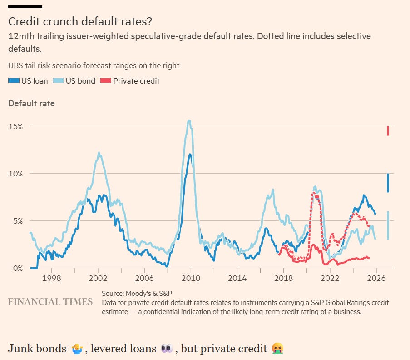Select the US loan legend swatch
click(14, 81)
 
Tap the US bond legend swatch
click(59, 81)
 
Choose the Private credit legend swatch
click(105, 81)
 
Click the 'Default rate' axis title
click(31, 104)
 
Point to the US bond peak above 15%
click(189, 121)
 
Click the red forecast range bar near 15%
click(388, 131)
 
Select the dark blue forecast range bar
click(388, 183)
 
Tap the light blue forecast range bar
click(388, 225)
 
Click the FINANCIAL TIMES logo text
click(50, 302)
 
